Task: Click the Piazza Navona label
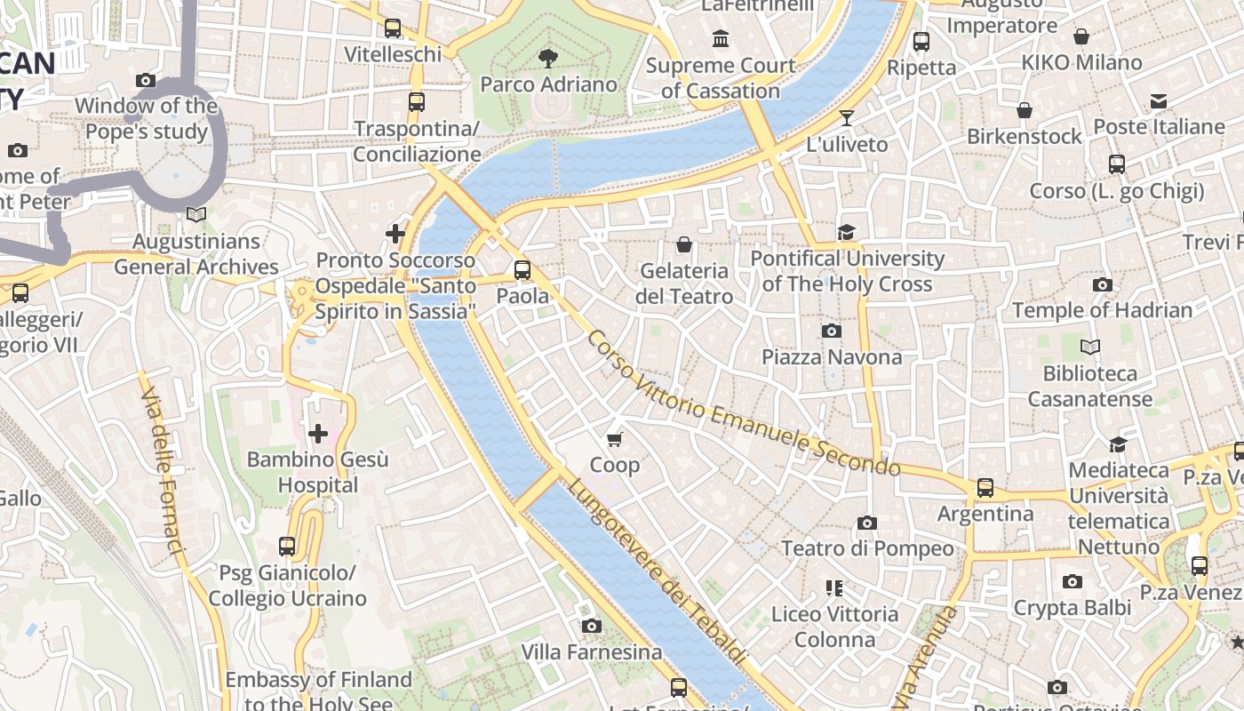(x=832, y=356)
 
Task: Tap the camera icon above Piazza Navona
(x=832, y=332)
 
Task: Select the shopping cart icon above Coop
(x=614, y=439)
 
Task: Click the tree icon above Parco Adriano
(x=548, y=59)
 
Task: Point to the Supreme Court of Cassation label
(x=721, y=77)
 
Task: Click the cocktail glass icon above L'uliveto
(x=847, y=118)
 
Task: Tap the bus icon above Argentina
(x=985, y=488)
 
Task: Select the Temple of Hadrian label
(x=1103, y=310)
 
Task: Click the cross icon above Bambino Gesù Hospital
(x=318, y=434)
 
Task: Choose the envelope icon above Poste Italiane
(x=1159, y=101)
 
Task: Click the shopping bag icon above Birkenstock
(x=1025, y=110)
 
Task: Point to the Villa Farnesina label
(x=592, y=651)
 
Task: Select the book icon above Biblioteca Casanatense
(x=1090, y=348)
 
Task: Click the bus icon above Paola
(x=522, y=270)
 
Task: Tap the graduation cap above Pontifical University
(x=846, y=233)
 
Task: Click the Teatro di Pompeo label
(x=867, y=548)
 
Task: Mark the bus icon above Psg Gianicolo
(x=287, y=546)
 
